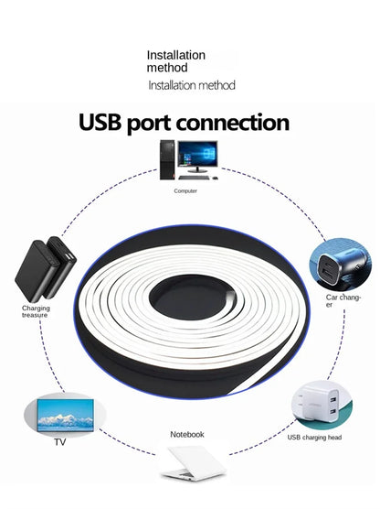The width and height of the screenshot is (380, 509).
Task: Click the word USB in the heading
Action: pos(100,123)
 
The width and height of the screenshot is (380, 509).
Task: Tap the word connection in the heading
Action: pos(233,123)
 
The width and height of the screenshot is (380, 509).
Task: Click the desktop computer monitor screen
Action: pos(197,154)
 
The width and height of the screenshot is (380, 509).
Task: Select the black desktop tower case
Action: pos(167,159)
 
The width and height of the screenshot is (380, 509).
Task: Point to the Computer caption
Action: pos(185,190)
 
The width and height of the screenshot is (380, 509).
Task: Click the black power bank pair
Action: pos(46,269)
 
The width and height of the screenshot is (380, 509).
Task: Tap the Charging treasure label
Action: pos(36,311)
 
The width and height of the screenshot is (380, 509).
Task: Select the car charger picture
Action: pos(340,264)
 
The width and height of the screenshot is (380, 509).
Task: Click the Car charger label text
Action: pos(343,300)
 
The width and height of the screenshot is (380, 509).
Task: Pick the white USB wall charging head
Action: pos(319,403)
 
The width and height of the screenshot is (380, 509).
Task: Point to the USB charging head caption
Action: pos(314,438)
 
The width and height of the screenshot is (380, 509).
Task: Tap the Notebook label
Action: pos(187,434)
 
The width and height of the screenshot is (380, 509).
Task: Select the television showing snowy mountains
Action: pos(66,416)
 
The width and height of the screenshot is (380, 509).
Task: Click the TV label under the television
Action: pos(60,442)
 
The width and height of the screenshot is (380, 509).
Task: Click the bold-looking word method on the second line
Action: pos(167,68)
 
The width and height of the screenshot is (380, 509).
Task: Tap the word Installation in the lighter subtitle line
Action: pos(169,85)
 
